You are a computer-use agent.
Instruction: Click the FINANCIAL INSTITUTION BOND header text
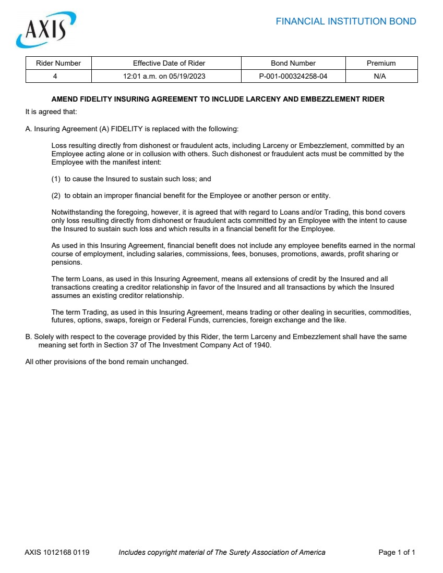coord(345,21)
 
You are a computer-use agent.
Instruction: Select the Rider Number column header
coord(58,63)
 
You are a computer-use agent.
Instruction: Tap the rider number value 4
coord(55,76)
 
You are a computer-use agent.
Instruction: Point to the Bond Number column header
coord(293,63)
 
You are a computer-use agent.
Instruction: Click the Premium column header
coord(381,63)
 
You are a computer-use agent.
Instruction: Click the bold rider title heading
coord(218,99)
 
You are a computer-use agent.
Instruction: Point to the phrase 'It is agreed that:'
coord(51,111)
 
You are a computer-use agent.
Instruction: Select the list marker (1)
coord(56,179)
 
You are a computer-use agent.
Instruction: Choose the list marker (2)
coord(56,195)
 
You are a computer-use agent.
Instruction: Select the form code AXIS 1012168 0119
coord(57,552)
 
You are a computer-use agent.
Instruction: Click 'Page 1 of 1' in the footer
coord(397,552)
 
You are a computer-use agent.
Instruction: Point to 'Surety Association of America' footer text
coord(277,552)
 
